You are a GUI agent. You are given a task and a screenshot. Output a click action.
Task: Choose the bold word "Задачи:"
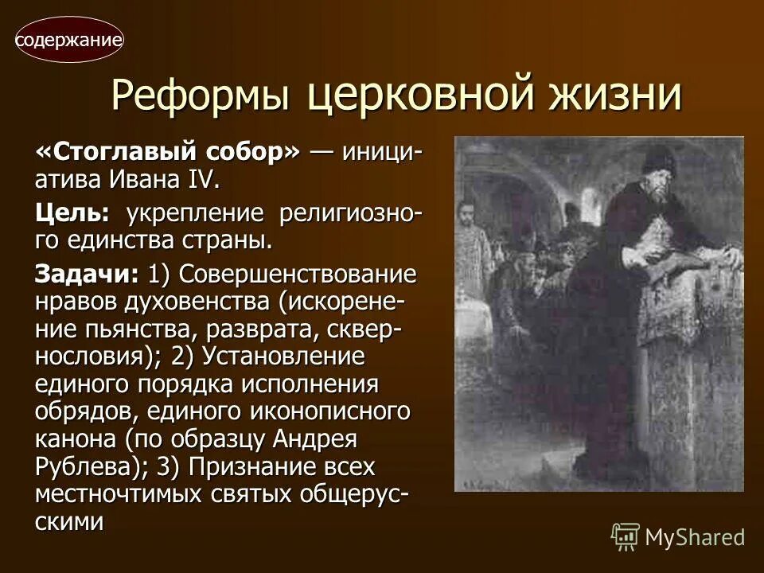point(86,275)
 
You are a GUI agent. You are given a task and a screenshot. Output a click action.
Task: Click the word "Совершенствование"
point(298,275)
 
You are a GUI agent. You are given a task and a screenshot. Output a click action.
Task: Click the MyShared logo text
point(695,537)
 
